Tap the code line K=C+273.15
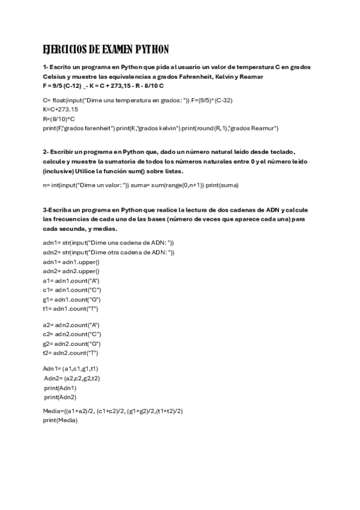60,109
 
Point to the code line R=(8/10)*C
59,118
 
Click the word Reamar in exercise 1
251,77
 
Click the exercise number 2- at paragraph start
46,152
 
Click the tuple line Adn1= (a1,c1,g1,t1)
71,369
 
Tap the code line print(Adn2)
60,397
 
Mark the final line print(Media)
60,420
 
